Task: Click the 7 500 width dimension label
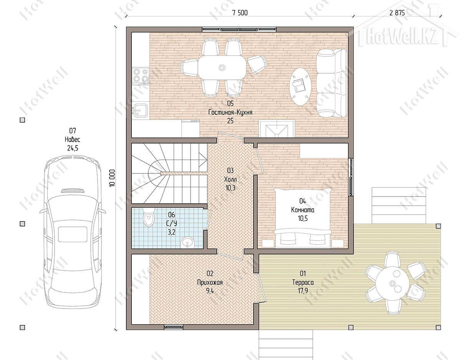pos(240,13)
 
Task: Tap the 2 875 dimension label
pos(397,13)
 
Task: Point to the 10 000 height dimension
pos(112,178)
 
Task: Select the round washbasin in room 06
pos(187,243)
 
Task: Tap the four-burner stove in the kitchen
pos(141,76)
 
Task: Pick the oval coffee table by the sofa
pos(300,86)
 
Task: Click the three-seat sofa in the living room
pos(332,83)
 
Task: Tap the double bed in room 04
pos(303,218)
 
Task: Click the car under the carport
pos(73,232)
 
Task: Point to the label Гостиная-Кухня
pos(230,112)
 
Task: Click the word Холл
pos(230,180)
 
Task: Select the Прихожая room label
pos(210,282)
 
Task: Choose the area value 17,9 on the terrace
pos(303,291)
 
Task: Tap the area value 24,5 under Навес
pos(73,148)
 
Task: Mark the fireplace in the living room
pos(277,129)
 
